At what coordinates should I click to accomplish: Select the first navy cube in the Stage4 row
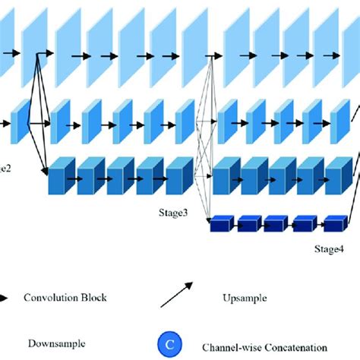point(220,224)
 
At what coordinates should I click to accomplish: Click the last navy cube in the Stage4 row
point(334,224)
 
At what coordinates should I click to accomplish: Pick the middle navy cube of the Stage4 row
point(277,224)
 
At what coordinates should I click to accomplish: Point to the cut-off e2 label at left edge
point(5,167)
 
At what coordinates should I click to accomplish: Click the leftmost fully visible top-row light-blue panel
point(35,46)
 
